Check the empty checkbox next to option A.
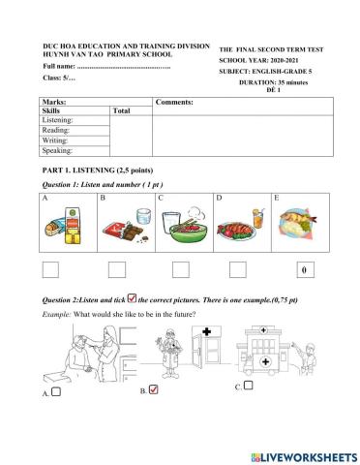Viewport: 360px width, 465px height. point(56,392)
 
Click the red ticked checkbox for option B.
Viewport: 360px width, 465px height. point(154,391)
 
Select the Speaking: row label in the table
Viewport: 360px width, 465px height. point(58,150)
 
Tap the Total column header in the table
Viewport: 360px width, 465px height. point(122,110)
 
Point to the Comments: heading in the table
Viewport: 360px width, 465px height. point(175,101)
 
